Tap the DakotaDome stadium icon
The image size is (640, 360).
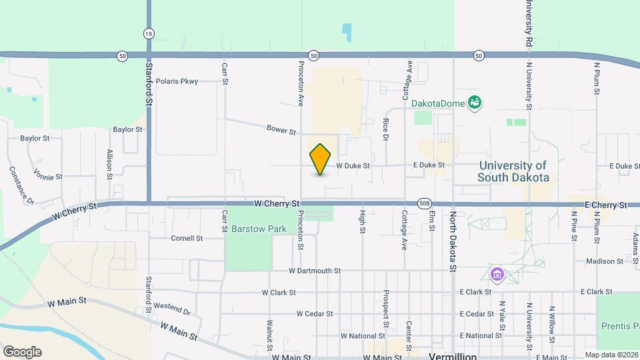click(475, 103)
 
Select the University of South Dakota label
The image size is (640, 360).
click(513, 171)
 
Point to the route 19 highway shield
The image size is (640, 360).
click(148, 33)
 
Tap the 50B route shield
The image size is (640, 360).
click(425, 203)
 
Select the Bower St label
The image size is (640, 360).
click(281, 129)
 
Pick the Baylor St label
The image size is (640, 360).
click(35, 139)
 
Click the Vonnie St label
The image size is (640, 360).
click(50, 177)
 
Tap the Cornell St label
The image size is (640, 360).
click(187, 238)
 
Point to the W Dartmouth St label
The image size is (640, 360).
click(315, 271)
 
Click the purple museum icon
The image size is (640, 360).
click(497, 274)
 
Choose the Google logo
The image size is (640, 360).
click(22, 352)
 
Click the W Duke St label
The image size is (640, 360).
click(353, 165)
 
